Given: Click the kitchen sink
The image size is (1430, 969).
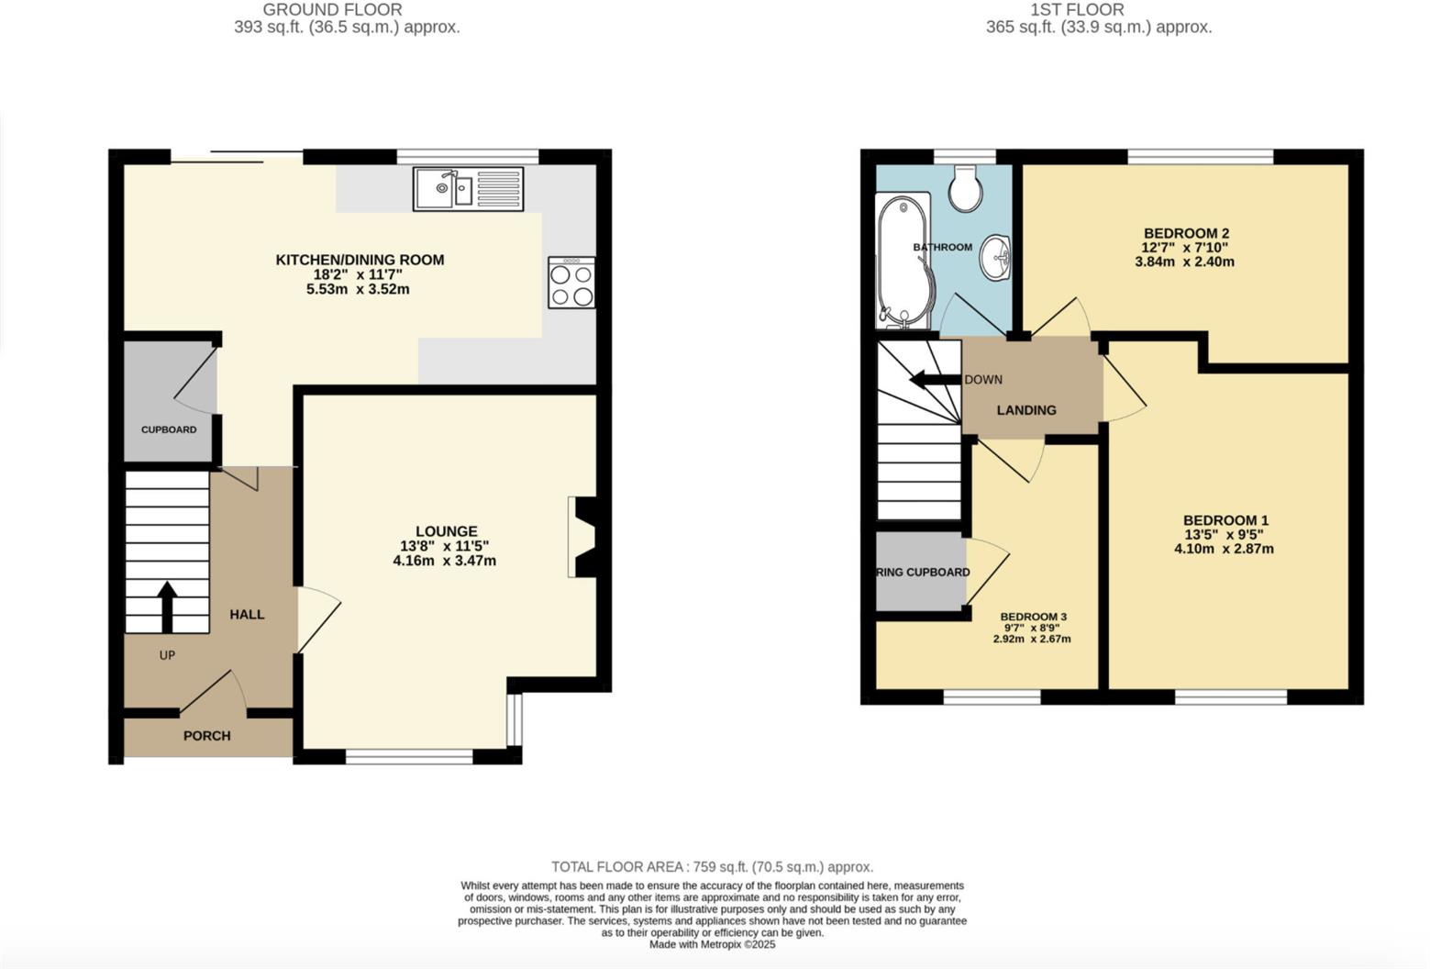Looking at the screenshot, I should pos(468,189).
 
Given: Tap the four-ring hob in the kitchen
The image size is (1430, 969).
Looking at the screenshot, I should pos(571,284).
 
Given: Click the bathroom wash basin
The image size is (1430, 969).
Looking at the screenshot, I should pos(995,254).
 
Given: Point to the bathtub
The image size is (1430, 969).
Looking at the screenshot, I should pos(903,261).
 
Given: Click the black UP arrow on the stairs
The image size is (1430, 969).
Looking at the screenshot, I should pos(167,606).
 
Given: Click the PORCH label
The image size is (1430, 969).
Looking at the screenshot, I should pos(206,736).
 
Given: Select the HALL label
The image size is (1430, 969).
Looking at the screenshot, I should pos(247,614).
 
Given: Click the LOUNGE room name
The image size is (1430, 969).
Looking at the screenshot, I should pos(446,530).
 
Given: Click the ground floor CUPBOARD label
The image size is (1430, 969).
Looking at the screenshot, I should pos(169,429).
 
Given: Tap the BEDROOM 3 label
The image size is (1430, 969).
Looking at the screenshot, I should pos(1033,617).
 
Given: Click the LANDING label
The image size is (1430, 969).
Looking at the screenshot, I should pos(1026,410).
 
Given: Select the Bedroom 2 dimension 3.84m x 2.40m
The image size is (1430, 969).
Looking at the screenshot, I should pos(1184,262).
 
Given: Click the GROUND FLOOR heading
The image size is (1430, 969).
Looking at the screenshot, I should pos(332,10).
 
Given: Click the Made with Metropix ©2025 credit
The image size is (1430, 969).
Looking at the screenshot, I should pos(712,944).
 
